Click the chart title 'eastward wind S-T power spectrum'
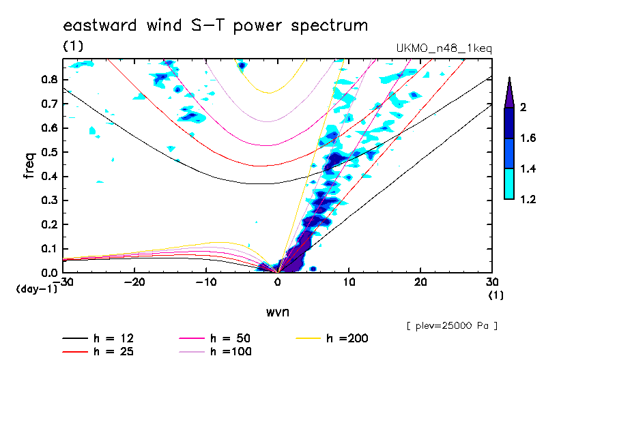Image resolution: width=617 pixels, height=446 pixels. tap(216, 26)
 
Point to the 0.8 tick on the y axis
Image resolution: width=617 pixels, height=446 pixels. tap(48, 79)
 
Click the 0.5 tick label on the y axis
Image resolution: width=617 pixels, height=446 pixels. tap(48, 152)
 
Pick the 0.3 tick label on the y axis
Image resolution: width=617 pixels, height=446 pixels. tap(48, 200)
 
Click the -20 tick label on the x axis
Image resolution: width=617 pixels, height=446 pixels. tap(134, 282)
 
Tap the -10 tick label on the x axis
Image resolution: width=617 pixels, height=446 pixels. tap(206, 282)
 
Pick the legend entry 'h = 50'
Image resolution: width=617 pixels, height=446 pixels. tap(231, 338)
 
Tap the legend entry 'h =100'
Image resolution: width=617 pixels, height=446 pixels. tap(231, 351)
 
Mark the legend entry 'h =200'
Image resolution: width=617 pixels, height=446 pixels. tap(347, 338)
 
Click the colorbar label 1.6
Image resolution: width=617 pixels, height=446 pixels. tap(528, 138)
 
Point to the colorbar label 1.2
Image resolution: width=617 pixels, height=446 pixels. tap(528, 199)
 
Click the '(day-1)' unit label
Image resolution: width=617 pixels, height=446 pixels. tap(37, 289)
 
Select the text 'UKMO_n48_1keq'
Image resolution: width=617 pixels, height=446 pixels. tap(444, 48)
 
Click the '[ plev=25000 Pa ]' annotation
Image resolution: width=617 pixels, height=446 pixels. tap(452, 326)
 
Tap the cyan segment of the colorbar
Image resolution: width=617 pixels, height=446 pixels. tap(509, 183)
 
